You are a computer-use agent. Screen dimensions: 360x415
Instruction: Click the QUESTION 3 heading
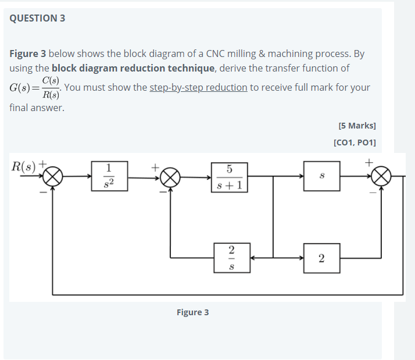coord(37,18)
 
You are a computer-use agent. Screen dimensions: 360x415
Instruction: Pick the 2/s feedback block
coord(231,257)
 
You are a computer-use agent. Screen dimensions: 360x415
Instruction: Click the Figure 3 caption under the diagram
coord(192,312)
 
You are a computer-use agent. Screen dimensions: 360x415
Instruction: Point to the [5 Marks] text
coord(356,125)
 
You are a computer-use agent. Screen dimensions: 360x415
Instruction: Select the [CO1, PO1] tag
coord(355,142)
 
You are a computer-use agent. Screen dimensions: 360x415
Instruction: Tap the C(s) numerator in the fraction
coord(51,81)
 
